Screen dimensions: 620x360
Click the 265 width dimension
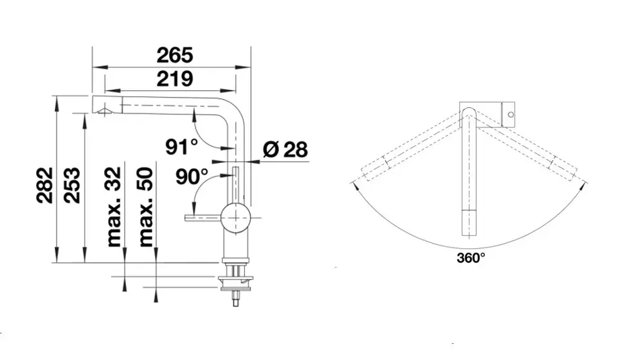(x=175, y=56)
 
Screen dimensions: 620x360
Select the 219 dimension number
(x=175, y=79)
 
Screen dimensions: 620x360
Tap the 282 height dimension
(x=45, y=185)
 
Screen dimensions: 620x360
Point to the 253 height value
(x=72, y=185)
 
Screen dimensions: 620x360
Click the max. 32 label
(x=114, y=207)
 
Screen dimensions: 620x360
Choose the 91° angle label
(x=181, y=147)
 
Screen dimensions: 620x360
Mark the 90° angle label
(x=192, y=177)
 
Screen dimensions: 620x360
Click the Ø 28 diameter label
(x=285, y=149)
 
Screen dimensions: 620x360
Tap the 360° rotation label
(x=471, y=258)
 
